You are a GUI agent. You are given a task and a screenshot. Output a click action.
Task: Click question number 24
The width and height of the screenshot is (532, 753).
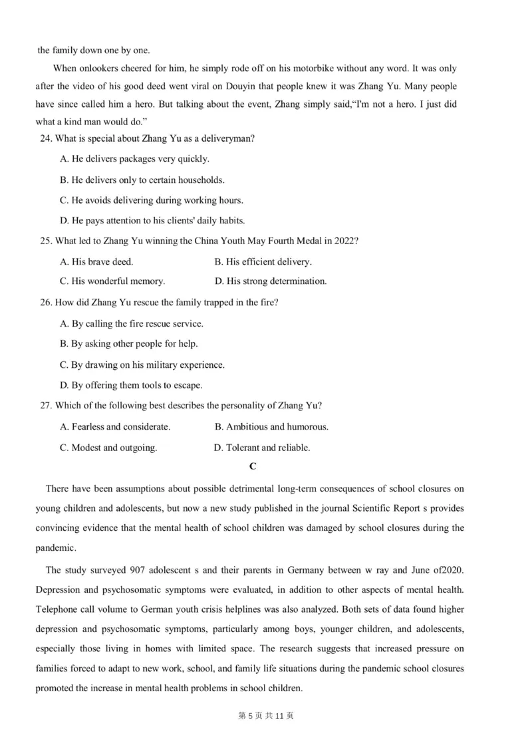tap(47, 138)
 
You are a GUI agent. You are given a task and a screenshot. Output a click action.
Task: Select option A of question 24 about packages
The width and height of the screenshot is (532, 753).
tap(134, 159)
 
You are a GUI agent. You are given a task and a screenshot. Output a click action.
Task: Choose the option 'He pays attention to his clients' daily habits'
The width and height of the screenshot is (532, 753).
tap(152, 220)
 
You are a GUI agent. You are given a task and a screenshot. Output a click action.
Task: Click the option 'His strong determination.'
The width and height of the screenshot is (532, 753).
tap(271, 281)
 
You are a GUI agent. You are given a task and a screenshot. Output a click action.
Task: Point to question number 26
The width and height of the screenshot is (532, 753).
tap(47, 303)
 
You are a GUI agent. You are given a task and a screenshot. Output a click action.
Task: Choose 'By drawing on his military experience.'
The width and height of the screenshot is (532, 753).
tap(142, 365)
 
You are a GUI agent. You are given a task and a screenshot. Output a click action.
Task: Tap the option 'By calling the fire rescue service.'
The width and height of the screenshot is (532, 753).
tap(132, 323)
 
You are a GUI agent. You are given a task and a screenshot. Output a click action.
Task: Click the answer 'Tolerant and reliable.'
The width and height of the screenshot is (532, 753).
tap(262, 448)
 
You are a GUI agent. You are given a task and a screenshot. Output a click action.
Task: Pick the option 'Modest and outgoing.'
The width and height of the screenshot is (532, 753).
tap(108, 448)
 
